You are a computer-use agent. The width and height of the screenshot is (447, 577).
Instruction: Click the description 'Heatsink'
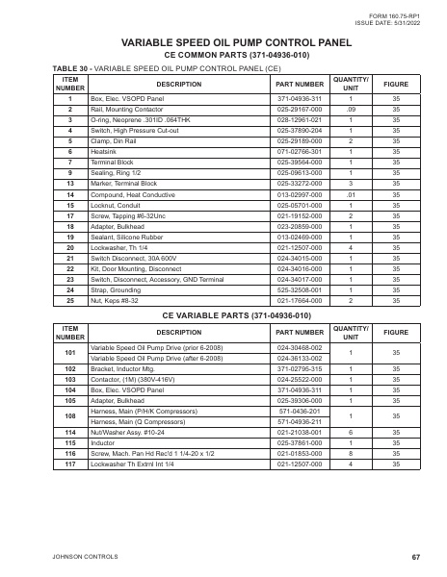pyautogui.click(x=104, y=151)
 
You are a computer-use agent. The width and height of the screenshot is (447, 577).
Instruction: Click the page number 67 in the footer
pyautogui.click(x=415, y=557)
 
